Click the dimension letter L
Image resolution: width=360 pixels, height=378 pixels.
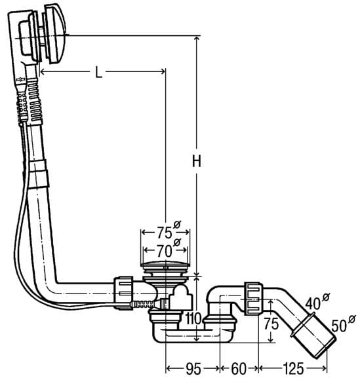tap(98, 72)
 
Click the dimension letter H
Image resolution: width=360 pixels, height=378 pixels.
tap(197, 161)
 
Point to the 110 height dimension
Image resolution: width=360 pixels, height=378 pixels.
tap(193, 318)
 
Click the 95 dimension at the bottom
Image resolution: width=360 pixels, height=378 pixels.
tap(193, 369)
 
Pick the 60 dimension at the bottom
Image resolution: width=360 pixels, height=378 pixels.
tap(239, 369)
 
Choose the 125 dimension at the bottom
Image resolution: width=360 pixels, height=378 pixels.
tap(292, 369)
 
